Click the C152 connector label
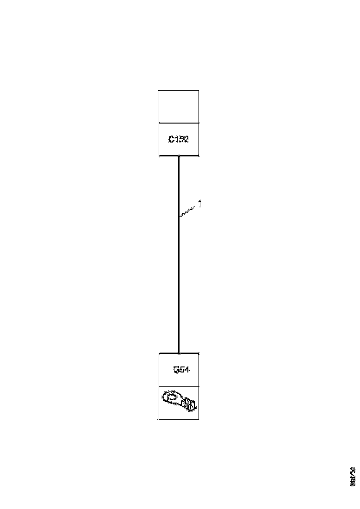pos(179,139)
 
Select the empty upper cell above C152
pos(179,106)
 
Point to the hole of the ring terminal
pos(172,397)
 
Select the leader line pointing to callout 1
pos(187,211)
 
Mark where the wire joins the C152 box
pos(179,156)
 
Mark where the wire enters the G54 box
pos(179,353)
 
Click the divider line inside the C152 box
pos(179,123)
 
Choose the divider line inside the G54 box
pos(179,386)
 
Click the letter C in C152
pos(171,139)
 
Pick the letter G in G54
pos(175,370)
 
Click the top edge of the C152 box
pos(179,90)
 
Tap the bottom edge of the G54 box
pos(179,419)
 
